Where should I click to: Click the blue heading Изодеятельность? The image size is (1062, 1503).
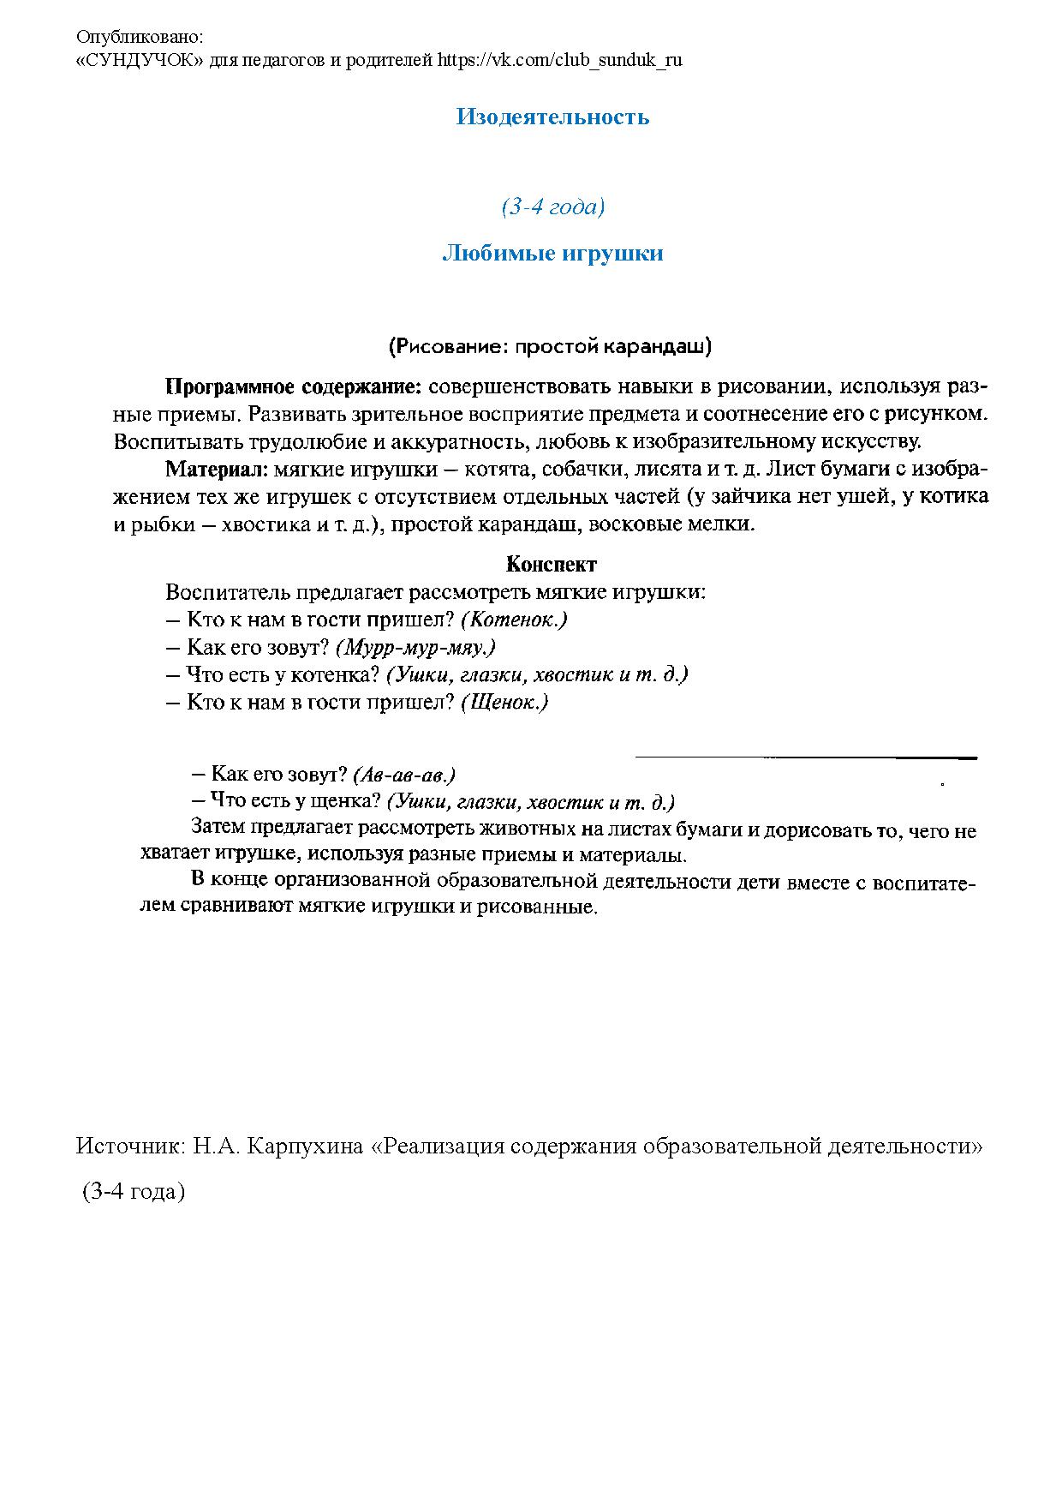pos(552,117)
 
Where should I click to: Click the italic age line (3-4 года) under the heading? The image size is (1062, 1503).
pos(552,207)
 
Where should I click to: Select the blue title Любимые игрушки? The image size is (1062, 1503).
pos(552,254)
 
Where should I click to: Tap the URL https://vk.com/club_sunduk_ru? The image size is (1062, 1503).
pos(560,60)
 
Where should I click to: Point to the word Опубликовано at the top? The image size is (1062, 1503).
pos(140,37)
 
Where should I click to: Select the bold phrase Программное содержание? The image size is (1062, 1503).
pos(294,386)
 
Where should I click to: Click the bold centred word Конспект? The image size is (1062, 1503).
pos(552,564)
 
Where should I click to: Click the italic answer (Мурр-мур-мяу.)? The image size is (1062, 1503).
pos(415,647)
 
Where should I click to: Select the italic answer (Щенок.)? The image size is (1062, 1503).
pos(504,703)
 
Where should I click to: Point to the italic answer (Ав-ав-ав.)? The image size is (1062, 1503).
pos(403,775)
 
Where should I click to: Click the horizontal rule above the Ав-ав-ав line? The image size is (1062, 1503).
pos(805,757)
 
